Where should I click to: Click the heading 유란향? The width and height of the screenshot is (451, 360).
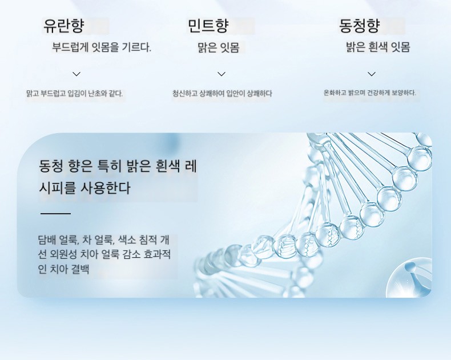click(x=63, y=25)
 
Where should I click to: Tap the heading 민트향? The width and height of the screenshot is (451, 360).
click(x=208, y=25)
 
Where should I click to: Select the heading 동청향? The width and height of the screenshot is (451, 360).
click(x=360, y=25)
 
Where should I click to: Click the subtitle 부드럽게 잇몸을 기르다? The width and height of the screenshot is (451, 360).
click(x=102, y=47)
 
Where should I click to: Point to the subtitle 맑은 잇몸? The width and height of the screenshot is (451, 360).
click(x=219, y=47)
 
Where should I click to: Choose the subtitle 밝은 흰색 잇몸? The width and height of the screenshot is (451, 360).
click(x=378, y=47)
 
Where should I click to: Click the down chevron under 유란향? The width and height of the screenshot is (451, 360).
click(x=76, y=74)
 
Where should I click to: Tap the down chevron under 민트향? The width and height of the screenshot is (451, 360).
click(x=222, y=74)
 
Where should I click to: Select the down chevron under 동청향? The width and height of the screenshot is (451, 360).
click(x=372, y=74)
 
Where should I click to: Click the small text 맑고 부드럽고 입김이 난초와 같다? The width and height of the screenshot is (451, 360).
click(x=74, y=93)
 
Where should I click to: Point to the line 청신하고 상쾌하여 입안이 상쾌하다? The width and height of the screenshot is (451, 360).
click(x=222, y=93)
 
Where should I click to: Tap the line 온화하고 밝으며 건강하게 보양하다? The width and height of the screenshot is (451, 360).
click(x=370, y=93)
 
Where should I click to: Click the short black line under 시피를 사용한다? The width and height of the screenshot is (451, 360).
click(x=55, y=214)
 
